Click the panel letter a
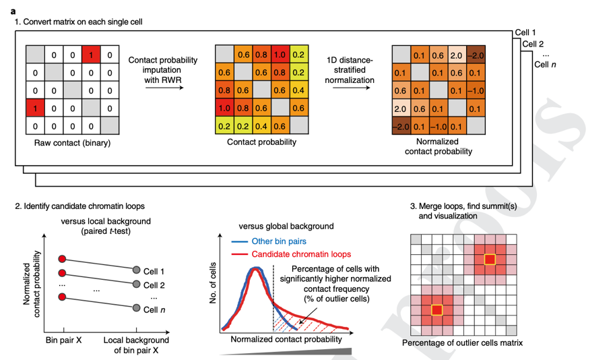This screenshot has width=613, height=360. click(x=13, y=11)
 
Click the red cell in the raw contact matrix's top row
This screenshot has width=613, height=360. click(x=91, y=55)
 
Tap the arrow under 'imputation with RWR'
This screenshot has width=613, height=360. click(x=164, y=88)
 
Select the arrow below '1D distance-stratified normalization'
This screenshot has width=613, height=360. click(x=351, y=88)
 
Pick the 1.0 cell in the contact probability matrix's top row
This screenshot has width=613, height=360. click(x=280, y=55)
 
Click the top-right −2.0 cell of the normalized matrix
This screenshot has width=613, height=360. click(x=476, y=55)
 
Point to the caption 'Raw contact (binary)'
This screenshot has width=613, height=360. click(x=72, y=143)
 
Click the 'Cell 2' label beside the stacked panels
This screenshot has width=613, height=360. click(x=533, y=44)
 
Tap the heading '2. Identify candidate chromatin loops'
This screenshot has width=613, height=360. click(x=79, y=206)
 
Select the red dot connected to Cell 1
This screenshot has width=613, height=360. click(x=62, y=259)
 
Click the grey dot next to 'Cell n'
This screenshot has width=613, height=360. click(x=137, y=308)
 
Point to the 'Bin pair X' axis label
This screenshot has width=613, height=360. click(x=64, y=340)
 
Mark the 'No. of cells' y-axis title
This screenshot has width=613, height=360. click(x=213, y=283)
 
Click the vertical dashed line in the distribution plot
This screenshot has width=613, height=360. click(x=273, y=299)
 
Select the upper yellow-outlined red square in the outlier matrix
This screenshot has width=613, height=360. click(x=490, y=260)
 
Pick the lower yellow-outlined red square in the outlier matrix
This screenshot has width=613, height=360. click(x=437, y=310)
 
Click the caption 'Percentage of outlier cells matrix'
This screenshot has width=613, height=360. click(x=463, y=343)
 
